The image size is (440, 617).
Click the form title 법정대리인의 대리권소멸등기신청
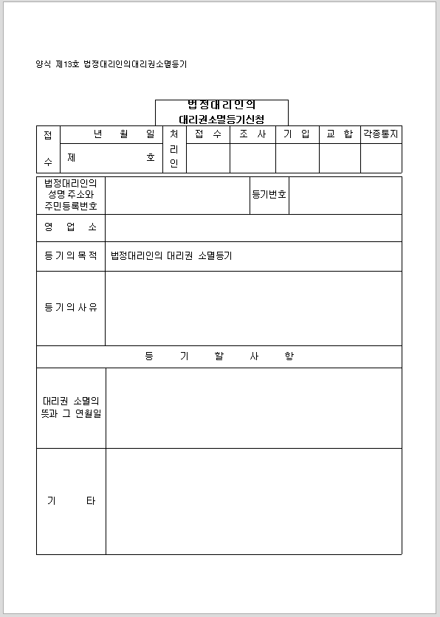(x=221, y=112)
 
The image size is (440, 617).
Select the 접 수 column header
(x=208, y=134)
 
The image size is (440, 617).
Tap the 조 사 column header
(x=252, y=134)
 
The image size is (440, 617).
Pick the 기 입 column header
(x=297, y=134)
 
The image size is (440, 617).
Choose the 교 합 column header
(x=340, y=134)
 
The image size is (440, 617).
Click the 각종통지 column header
(x=381, y=134)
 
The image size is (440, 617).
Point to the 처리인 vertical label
(x=174, y=149)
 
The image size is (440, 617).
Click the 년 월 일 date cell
(x=111, y=134)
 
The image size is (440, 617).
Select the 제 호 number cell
(x=111, y=158)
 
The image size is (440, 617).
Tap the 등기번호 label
(x=269, y=195)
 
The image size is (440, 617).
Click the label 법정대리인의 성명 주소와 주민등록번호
(x=71, y=195)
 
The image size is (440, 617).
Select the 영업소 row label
(x=71, y=227)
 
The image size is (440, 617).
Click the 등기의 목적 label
(x=71, y=256)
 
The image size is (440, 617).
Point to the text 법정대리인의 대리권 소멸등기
(x=171, y=256)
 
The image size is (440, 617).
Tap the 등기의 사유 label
(x=71, y=307)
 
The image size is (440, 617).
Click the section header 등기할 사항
(x=219, y=356)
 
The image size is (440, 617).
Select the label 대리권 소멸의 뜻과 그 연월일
(x=71, y=407)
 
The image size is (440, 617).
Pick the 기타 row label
(x=71, y=501)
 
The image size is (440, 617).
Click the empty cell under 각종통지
(x=381, y=158)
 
